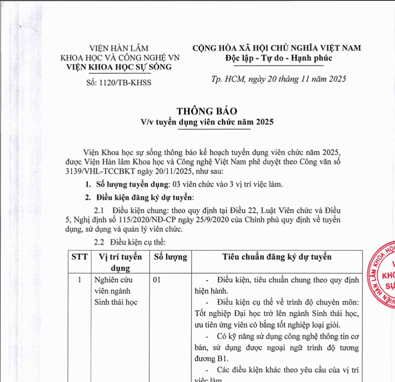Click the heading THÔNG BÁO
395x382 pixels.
pos(206,111)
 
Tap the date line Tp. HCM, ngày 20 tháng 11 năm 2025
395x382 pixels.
pos(279,79)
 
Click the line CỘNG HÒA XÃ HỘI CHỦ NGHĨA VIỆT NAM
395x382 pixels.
pos(276,48)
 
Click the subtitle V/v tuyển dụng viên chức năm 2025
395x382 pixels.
pos(206,122)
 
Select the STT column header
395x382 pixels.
pos(79,257)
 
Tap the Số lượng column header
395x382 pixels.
pos(170,257)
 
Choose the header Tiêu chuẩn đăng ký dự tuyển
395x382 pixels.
pos(277,257)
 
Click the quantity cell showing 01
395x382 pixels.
pos(157,281)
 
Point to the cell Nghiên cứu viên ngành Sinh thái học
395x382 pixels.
pos(116,291)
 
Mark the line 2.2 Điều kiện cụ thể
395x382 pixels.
pos(130,242)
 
